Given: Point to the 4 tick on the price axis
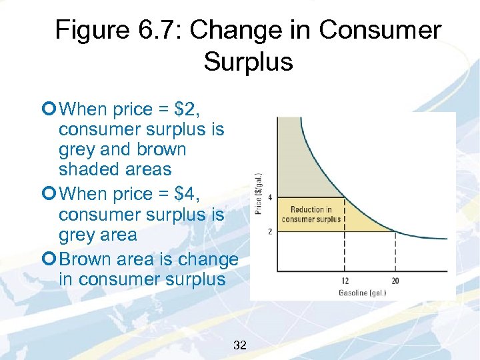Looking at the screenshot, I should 270,197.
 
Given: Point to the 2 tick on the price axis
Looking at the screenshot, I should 270,231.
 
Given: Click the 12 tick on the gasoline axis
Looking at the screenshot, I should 344,281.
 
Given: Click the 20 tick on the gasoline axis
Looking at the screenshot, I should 395,281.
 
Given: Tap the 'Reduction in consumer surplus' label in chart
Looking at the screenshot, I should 311,214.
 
